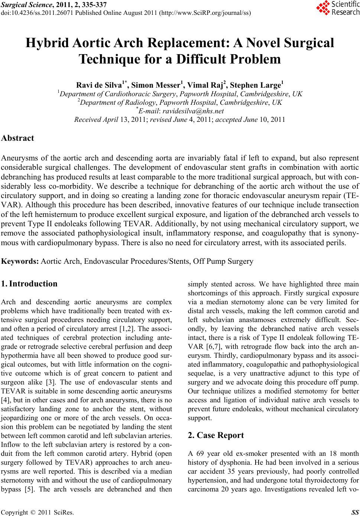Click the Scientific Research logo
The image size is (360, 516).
[337, 8]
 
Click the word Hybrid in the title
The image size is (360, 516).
[46, 43]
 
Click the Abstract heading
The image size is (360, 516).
[18, 138]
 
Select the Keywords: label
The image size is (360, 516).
[20, 261]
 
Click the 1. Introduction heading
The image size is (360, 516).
[29, 284]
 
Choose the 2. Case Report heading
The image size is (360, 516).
[216, 435]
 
